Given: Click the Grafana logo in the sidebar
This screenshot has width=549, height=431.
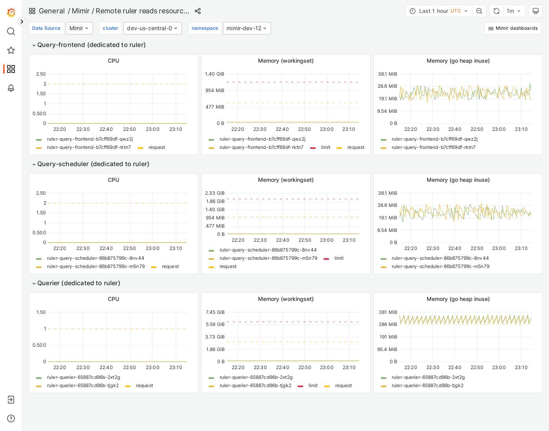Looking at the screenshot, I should pyautogui.click(x=11, y=13).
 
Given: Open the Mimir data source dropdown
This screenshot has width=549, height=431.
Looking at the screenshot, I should pyautogui.click(x=79, y=28).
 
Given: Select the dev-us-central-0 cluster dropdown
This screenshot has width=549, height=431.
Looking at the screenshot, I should pyautogui.click(x=153, y=28).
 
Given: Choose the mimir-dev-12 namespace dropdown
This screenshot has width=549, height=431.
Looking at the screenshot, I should pyautogui.click(x=247, y=28).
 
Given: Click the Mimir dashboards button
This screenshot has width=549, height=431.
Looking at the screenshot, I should pyautogui.click(x=513, y=28).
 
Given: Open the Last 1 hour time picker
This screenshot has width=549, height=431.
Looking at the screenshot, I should pyautogui.click(x=439, y=11).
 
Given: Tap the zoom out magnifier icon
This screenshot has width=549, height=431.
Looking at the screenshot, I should pyautogui.click(x=479, y=11).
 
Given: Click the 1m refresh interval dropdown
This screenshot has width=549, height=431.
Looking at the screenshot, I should pyautogui.click(x=514, y=11).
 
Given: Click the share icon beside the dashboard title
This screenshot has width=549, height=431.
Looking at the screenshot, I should pyautogui.click(x=198, y=11).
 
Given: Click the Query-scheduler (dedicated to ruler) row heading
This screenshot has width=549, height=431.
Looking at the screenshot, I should pyautogui.click(x=93, y=164).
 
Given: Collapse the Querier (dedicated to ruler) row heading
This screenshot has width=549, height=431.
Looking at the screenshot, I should pyautogui.click(x=78, y=283).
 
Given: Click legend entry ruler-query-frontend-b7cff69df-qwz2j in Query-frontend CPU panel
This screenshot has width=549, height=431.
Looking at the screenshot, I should pyautogui.click(x=90, y=139).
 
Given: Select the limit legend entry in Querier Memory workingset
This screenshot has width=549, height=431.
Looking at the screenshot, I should pyautogui.click(x=313, y=386).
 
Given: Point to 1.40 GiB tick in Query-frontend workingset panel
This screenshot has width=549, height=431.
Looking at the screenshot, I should pyautogui.click(x=215, y=74).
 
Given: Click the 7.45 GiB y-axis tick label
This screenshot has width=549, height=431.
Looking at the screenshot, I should pyautogui.click(x=215, y=312).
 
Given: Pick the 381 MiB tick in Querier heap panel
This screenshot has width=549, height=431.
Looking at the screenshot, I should pyautogui.click(x=388, y=312).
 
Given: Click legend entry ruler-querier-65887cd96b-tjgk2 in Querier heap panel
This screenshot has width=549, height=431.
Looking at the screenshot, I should pyautogui.click(x=427, y=386).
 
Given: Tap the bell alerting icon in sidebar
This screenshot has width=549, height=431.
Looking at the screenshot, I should pyautogui.click(x=11, y=88).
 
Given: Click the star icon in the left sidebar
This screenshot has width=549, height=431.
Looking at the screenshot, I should pyautogui.click(x=11, y=50).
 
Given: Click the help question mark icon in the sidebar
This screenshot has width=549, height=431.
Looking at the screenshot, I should pyautogui.click(x=11, y=418).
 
